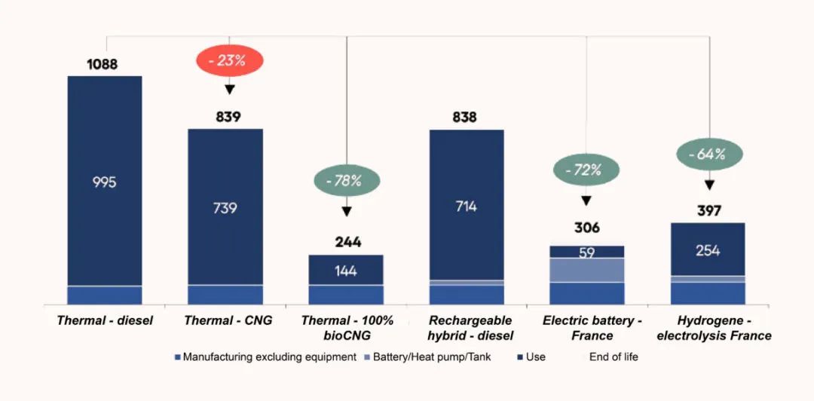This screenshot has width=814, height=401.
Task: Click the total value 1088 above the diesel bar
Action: [x=102, y=64]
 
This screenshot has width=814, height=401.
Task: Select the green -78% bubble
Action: [x=347, y=181]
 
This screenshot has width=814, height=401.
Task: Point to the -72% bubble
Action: [x=586, y=170]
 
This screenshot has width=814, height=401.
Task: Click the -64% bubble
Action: [x=708, y=155]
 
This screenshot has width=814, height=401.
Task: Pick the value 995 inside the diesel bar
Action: [x=105, y=182]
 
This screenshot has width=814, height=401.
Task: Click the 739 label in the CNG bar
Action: [x=225, y=207]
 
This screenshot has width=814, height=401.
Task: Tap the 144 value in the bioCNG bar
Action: [x=346, y=271]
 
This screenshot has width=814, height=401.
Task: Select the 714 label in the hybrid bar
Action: [x=467, y=206]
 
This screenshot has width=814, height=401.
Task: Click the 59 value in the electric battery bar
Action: [x=587, y=253]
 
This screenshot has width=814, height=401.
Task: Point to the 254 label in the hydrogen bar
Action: [x=708, y=250]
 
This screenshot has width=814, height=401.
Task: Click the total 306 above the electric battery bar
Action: [x=586, y=228]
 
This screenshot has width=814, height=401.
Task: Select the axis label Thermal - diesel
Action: [x=105, y=320]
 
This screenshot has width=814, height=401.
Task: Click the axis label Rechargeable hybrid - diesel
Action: [x=470, y=328]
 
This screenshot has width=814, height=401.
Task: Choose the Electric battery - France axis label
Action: [x=588, y=328]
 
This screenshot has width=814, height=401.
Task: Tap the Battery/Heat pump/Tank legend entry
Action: [x=432, y=357]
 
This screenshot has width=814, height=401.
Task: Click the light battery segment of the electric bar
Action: [x=587, y=270]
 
